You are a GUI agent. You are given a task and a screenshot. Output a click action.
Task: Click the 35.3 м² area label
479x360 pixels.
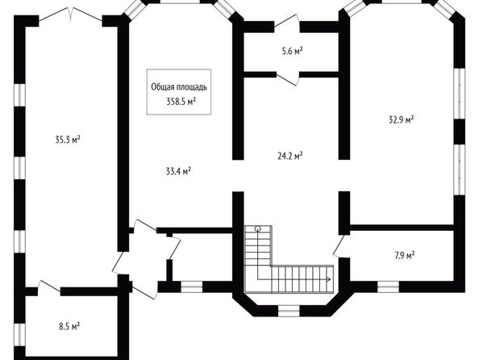click(68, 140)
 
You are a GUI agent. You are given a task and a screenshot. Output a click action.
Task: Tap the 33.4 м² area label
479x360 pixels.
click(178, 171)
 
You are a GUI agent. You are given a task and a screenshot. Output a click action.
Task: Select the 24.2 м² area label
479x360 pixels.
click(290, 156)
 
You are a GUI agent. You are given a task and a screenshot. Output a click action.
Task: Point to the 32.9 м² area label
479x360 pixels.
click(401, 119)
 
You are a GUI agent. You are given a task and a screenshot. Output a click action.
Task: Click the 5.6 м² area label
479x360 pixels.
click(293, 51)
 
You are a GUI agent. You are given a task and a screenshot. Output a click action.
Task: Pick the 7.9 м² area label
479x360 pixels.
click(405, 255)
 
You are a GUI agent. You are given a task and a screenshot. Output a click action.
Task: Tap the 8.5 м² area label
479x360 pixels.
click(69, 326)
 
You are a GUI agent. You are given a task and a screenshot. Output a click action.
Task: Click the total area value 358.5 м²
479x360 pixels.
click(181, 101)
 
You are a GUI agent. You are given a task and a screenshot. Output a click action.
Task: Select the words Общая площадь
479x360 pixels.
click(179, 87)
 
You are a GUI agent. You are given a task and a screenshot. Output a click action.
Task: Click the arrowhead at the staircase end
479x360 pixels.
click(329, 279)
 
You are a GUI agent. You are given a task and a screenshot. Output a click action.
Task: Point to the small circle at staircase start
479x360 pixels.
click(258, 228)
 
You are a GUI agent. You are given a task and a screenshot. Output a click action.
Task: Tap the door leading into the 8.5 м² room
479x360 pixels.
click(49, 288)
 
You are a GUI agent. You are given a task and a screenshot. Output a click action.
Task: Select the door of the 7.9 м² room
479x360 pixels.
click(339, 245)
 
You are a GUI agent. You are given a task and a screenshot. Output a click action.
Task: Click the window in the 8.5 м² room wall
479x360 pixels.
click(20, 335)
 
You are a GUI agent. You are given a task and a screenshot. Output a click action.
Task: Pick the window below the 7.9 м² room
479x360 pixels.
click(388, 287)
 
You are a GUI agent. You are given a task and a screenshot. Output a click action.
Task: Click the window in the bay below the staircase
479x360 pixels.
click(289, 311)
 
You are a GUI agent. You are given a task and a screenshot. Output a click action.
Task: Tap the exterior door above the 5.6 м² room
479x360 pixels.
click(287, 23)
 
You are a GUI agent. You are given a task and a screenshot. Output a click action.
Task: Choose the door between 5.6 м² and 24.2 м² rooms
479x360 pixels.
click(288, 78)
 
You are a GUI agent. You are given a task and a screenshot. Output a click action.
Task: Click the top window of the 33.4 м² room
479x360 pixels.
click(181, 2)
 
